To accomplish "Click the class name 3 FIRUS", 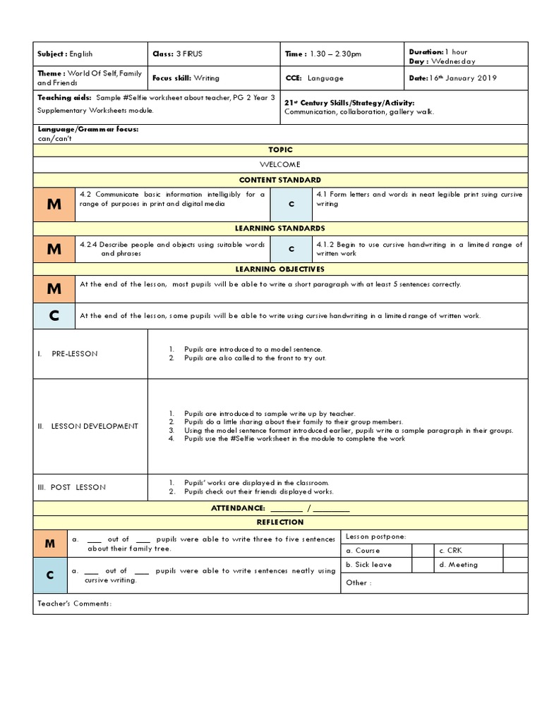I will coord(188,54).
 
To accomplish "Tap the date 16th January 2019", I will coord(462,78).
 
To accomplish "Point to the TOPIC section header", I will coord(280,149).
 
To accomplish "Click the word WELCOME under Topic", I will coord(280,164).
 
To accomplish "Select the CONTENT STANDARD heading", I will coord(280,180).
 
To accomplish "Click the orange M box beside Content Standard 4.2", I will coord(54,204).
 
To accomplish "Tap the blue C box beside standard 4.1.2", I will coord(291,249).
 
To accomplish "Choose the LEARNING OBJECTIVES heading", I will coord(280,269).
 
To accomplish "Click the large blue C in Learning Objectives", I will coord(54,316).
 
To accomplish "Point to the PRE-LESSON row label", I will coord(74,353).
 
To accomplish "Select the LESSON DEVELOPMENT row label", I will coord(88,426).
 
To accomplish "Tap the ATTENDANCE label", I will coord(238,508).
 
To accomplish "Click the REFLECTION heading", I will coord(280,522).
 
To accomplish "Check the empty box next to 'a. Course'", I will coord(423,551).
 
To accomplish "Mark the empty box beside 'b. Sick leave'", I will coord(423,565).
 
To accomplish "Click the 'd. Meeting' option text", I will coord(458,565).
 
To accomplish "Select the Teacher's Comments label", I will coord(74,604).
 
